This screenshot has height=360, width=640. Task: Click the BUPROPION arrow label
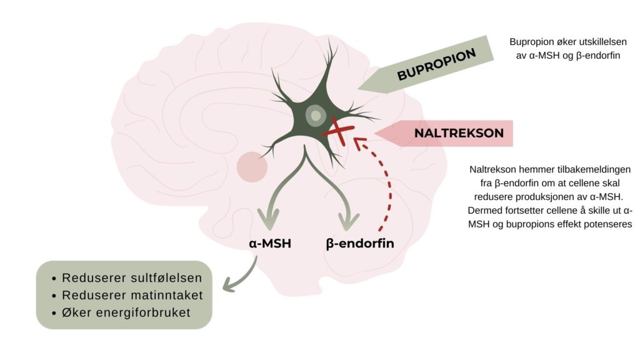click(x=436, y=65)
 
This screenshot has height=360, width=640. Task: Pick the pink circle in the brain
click(x=252, y=167)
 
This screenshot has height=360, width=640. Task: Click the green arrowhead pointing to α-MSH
click(x=269, y=220)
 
